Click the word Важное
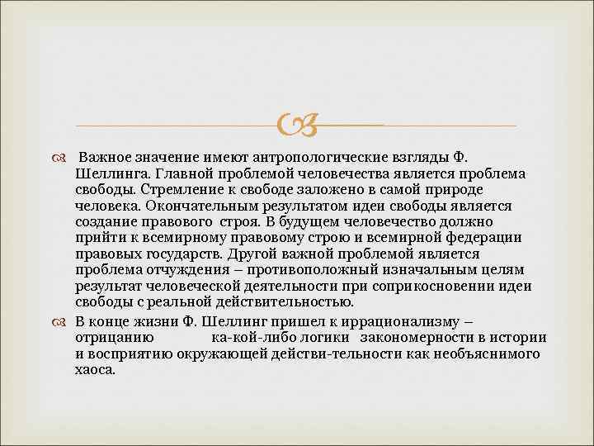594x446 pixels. coord(106,158)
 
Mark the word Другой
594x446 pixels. coord(247,254)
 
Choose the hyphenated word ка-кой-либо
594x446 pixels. coord(249,337)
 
